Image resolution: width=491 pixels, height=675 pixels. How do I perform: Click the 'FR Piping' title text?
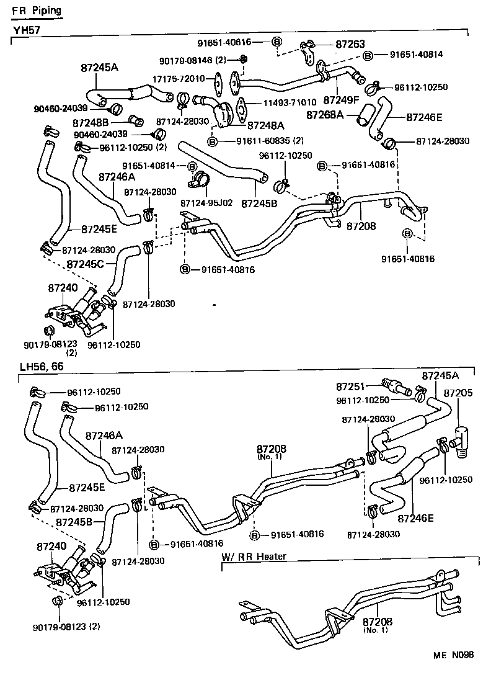pos(36,11)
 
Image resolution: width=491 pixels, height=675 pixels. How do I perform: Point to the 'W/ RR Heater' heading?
pos(254,557)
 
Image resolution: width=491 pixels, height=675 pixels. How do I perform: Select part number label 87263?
pos(350,44)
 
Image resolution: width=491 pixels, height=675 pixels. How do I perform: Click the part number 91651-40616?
pos(224,42)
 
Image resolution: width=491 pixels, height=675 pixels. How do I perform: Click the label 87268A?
pos(325,115)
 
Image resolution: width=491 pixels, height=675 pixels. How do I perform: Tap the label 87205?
pos(458,393)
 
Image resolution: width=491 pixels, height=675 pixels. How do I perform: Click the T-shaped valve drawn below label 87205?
pos(462,440)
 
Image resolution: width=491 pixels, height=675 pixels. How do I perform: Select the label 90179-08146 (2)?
pos(193,61)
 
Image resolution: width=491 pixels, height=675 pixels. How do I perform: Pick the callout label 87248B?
pos(91,123)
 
